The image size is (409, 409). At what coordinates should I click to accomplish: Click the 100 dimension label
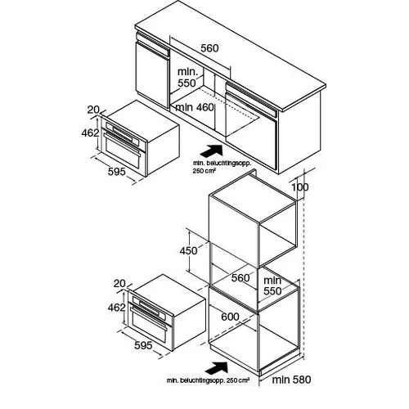click(300, 187)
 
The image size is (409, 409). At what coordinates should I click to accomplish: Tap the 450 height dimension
click(188, 250)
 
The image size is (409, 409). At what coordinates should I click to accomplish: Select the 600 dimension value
click(230, 317)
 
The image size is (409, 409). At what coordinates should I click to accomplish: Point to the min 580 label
click(291, 380)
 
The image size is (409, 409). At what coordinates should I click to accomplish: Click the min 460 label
click(195, 107)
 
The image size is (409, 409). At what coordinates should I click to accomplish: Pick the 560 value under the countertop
click(209, 48)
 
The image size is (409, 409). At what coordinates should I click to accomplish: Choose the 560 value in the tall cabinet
click(240, 278)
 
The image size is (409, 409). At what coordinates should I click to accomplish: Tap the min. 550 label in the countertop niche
click(187, 78)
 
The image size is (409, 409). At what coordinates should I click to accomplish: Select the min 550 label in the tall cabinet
click(272, 285)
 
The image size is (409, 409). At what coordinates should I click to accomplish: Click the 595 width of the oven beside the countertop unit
click(117, 172)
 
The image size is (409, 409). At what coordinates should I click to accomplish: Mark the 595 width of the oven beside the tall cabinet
click(143, 345)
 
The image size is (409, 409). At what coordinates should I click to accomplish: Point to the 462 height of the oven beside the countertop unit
click(90, 133)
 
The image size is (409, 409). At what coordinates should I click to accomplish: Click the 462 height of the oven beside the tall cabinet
click(116, 308)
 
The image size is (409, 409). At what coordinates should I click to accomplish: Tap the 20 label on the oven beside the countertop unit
click(93, 110)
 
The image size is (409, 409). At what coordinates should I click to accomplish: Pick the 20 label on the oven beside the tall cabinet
click(119, 284)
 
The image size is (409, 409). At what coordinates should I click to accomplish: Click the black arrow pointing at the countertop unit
click(211, 151)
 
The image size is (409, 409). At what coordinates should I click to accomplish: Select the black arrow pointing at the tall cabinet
click(216, 368)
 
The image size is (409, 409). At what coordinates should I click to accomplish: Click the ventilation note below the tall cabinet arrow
click(208, 380)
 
